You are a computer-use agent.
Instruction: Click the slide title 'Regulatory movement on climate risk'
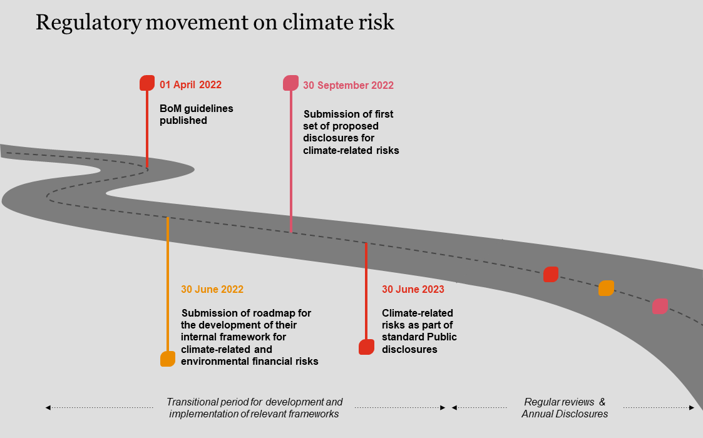pyautogui.click(x=215, y=22)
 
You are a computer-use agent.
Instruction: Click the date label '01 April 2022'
pyautogui.click(x=190, y=85)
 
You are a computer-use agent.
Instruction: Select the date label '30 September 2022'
pyautogui.click(x=348, y=86)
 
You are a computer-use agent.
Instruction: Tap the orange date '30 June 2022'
pyautogui.click(x=212, y=290)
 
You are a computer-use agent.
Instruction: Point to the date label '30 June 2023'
pyautogui.click(x=413, y=290)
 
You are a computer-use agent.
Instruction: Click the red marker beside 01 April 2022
pyautogui.click(x=147, y=83)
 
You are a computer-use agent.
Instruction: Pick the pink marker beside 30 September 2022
pyautogui.click(x=290, y=83)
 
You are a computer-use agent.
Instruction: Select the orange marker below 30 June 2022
pyautogui.click(x=168, y=359)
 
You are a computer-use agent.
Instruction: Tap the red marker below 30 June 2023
pyautogui.click(x=366, y=347)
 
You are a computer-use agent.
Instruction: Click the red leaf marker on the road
pyautogui.click(x=550, y=275)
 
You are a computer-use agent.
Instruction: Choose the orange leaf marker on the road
pyautogui.click(x=606, y=288)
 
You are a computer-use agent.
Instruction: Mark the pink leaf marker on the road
pyautogui.click(x=660, y=306)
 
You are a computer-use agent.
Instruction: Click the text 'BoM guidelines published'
pyautogui.click(x=196, y=115)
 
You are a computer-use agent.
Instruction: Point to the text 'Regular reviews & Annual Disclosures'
pyautogui.click(x=565, y=408)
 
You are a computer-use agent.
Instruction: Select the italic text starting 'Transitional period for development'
pyautogui.click(x=254, y=408)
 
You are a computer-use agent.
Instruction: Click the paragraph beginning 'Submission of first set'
pyautogui.click(x=351, y=133)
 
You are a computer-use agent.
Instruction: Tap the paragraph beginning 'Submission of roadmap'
pyautogui.click(x=249, y=337)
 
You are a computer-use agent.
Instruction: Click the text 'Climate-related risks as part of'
pyautogui.click(x=419, y=331)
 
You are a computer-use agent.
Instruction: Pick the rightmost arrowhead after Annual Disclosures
pyautogui.click(x=692, y=408)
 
